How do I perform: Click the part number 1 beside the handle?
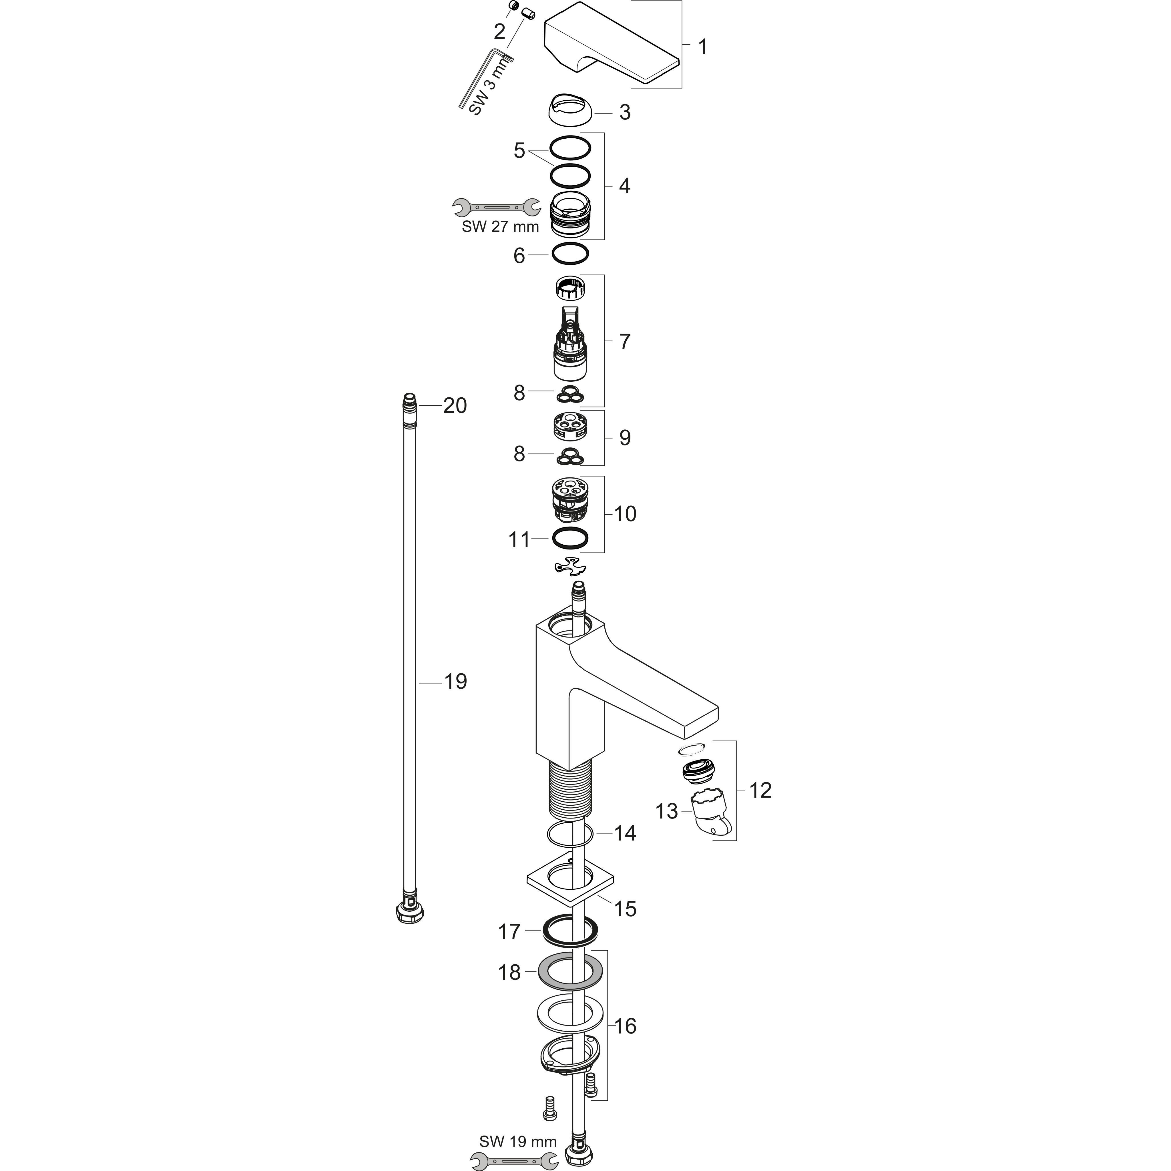(x=702, y=47)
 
